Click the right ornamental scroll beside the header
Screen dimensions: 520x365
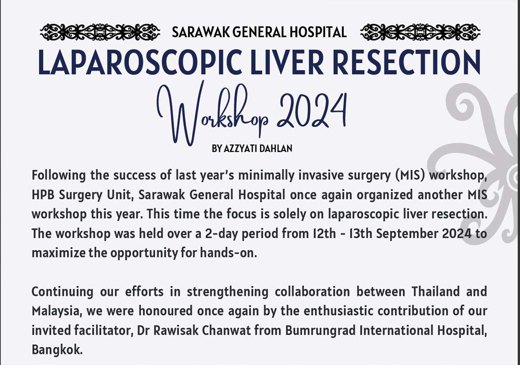tap(420, 32)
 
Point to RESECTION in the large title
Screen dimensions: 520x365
tap(406, 62)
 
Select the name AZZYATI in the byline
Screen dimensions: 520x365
tap(240, 148)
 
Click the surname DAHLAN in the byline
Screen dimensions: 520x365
tap(276, 148)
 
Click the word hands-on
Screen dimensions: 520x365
tap(228, 253)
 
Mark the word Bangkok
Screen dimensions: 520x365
tap(57, 350)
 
